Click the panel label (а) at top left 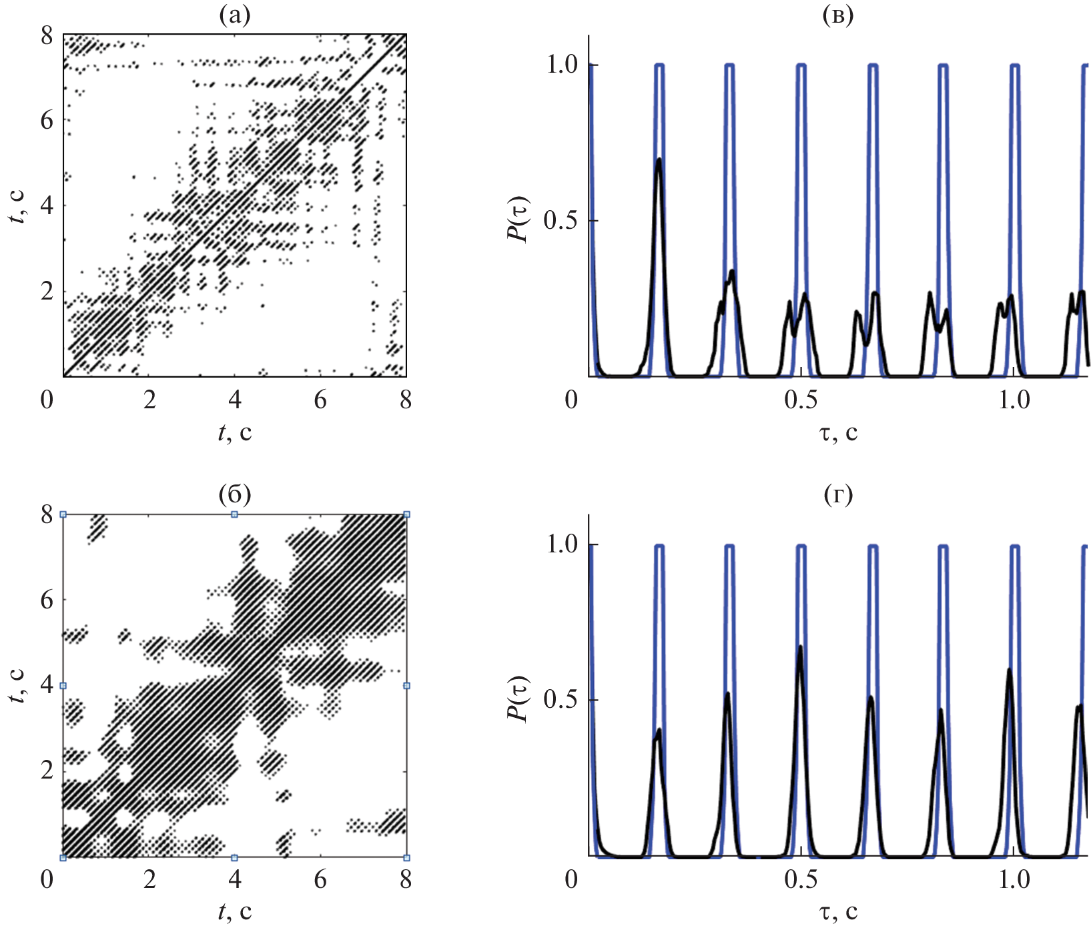234,15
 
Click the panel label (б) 234,494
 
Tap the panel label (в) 838,15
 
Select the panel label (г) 838,494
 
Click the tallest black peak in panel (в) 659,160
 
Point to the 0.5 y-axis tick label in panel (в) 561,221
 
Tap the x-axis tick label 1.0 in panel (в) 1014,400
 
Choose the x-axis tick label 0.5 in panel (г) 801,879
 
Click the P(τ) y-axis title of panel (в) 518,220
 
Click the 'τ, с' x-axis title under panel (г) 838,911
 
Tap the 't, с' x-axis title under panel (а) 235,433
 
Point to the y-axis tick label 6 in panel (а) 47,119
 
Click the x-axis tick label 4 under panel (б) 235,879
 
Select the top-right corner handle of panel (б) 406,514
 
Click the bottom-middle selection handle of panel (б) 234,857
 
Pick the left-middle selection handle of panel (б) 63,686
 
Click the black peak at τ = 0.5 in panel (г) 799,647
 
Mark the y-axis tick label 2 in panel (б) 47,771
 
